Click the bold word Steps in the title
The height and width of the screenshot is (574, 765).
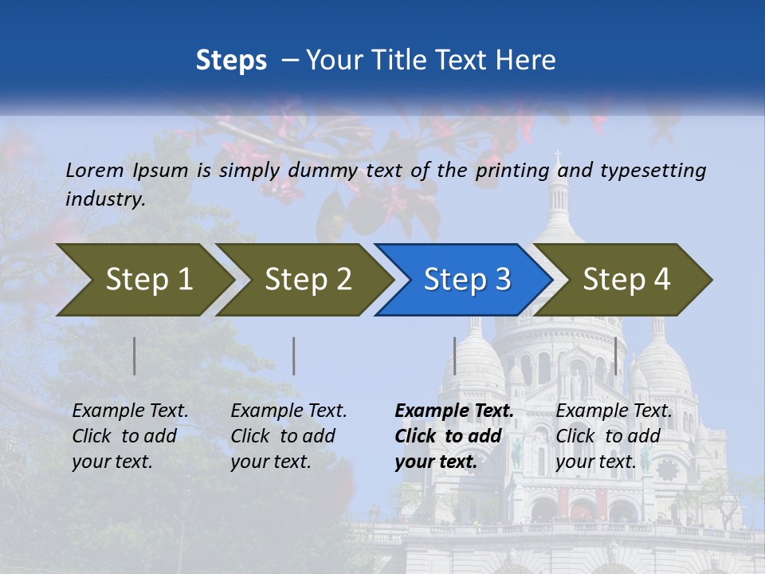coord(231,61)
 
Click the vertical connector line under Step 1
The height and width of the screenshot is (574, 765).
coord(135,356)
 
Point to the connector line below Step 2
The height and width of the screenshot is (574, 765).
coord(294,356)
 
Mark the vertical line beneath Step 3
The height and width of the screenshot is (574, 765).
coord(454,356)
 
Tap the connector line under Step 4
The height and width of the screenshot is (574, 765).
coord(615,356)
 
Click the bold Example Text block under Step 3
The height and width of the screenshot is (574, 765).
coord(453,436)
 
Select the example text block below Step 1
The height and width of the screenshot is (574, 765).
coord(130,436)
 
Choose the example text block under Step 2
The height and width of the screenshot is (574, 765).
coord(288,436)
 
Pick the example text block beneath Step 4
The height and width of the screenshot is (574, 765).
coord(614,436)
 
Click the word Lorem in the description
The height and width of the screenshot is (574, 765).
coord(95,170)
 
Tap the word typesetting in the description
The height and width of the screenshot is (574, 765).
coord(653,170)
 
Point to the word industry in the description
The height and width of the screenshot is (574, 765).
coord(105,199)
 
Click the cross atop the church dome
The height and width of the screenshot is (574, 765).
coord(559,155)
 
